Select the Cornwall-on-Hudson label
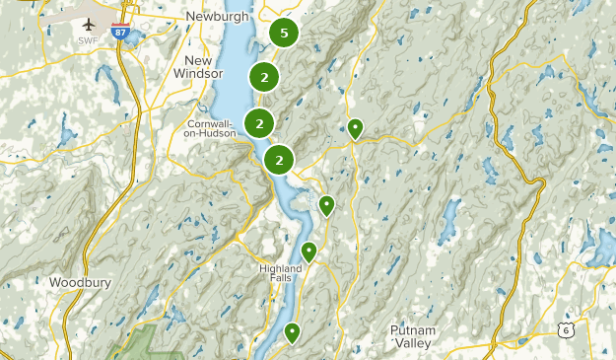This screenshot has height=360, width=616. click(x=211, y=128)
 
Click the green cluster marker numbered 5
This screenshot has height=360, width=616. click(x=284, y=34)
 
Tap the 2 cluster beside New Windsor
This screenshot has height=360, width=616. click(x=263, y=76)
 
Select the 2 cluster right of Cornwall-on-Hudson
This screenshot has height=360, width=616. click(x=259, y=123)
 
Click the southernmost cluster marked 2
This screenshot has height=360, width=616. click(x=280, y=159)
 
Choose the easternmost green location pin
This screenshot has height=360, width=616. click(x=355, y=126)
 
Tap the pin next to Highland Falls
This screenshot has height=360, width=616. click(x=308, y=251)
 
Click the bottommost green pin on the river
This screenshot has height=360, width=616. click(x=292, y=332)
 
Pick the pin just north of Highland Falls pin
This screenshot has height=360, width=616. click(x=326, y=204)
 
